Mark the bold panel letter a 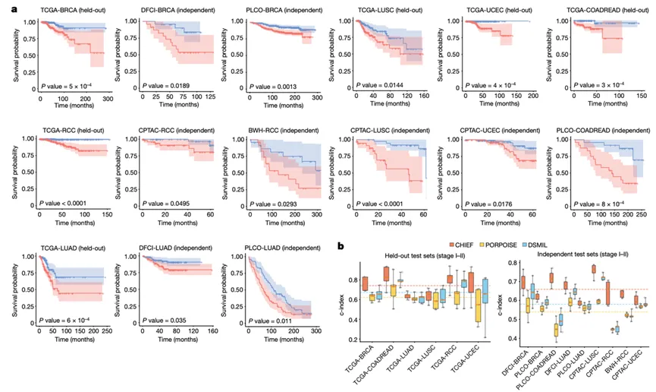tap(7, 7)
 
